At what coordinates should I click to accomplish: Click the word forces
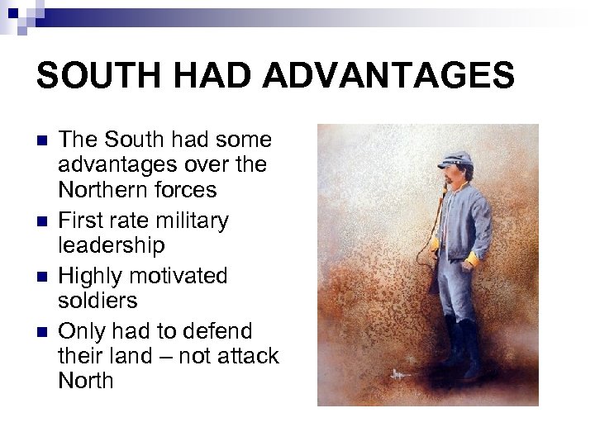click(188, 191)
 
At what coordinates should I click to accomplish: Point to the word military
click(189, 220)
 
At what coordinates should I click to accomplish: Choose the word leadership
click(112, 246)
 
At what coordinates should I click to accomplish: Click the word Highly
click(90, 275)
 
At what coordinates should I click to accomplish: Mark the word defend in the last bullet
click(221, 330)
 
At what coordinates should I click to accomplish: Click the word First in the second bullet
click(80, 220)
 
